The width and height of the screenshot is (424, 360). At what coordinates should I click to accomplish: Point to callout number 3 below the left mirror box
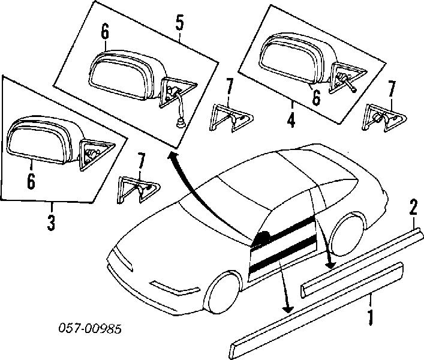click(52, 223)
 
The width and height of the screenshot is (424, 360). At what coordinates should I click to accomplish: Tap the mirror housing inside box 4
click(293, 58)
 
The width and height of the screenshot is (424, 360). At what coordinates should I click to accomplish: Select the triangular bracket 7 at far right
click(381, 118)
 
